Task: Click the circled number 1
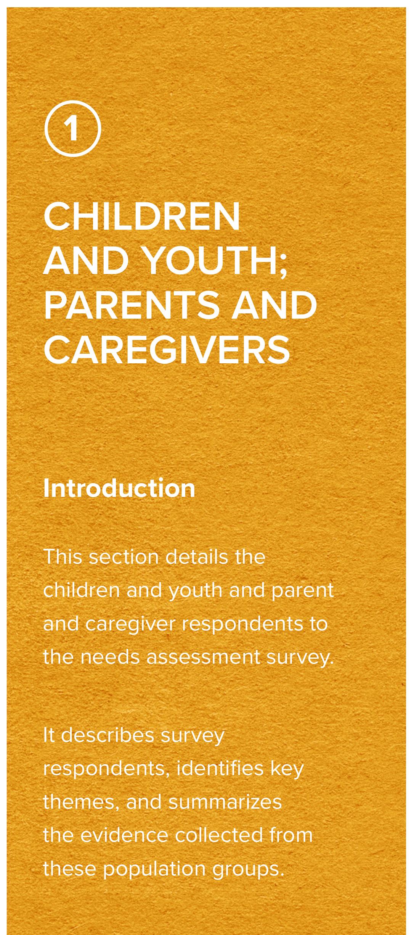coord(72,129)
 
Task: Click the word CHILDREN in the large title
coord(142,217)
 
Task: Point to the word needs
coord(109,657)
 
